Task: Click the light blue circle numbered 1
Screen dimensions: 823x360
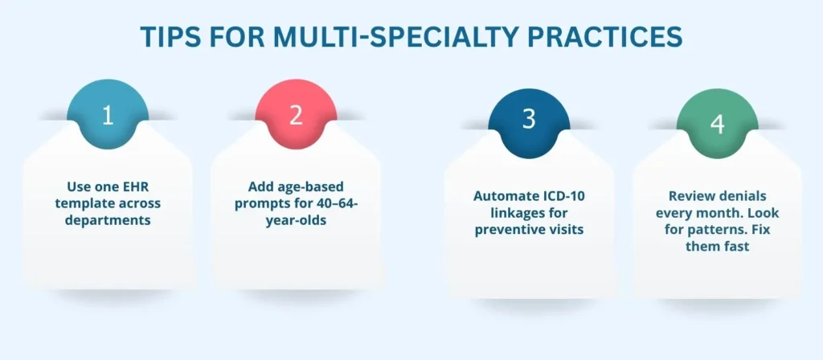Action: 108,115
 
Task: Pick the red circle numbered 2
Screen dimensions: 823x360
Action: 296,115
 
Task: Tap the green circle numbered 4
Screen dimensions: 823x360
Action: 718,123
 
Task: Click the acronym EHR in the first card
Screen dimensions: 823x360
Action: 137,186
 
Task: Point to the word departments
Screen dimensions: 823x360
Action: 108,220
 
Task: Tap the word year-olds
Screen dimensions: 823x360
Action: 296,220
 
